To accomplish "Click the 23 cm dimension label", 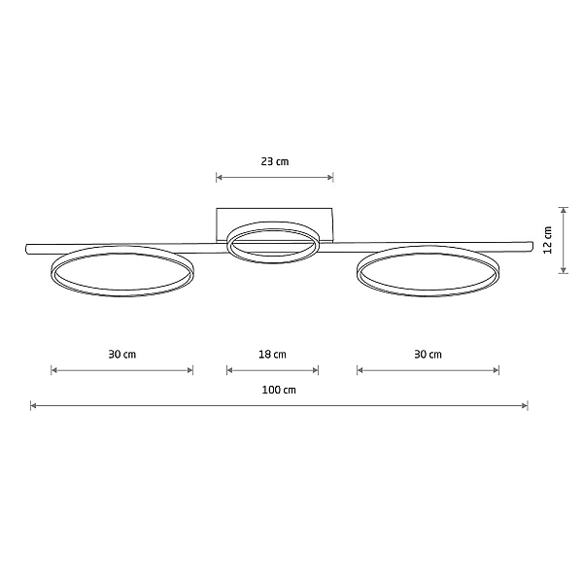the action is [275, 161].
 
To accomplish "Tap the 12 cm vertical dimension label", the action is [548, 240].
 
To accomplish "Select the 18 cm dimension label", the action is [272, 355].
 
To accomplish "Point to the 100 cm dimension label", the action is [279, 390].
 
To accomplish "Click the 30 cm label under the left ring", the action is [122, 355].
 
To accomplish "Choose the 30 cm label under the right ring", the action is [428, 355].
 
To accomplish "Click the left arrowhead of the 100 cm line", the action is [33, 405].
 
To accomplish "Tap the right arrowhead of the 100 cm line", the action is [525, 405].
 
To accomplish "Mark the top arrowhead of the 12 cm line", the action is [564, 210].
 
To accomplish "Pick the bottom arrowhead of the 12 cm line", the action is [564, 270].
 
